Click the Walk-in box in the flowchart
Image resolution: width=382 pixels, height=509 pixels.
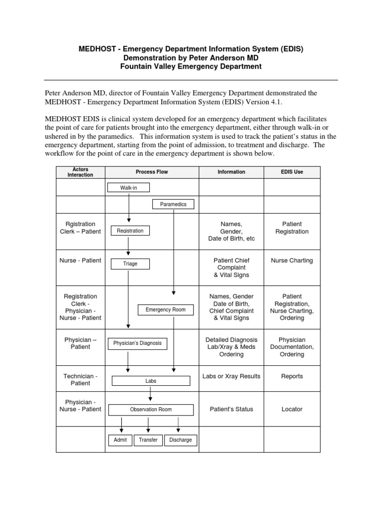[128, 188]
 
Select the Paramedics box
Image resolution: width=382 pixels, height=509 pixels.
[173, 204]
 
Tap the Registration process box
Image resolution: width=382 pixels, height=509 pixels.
[130, 231]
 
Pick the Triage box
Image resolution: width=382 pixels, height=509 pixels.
[130, 264]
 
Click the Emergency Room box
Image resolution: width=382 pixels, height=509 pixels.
[165, 310]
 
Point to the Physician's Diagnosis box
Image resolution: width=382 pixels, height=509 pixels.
[137, 343]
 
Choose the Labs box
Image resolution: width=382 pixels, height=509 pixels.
[151, 381]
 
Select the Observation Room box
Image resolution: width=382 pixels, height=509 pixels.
[151, 410]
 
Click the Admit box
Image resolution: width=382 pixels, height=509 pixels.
[120, 440]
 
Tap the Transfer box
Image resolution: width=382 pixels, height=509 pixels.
[148, 440]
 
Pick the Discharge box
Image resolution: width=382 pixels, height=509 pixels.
[180, 440]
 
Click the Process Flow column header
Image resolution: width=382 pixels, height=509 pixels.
[152, 172]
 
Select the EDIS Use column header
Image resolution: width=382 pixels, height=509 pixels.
[291, 172]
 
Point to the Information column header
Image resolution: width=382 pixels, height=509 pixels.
[231, 172]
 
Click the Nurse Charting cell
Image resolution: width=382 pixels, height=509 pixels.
[291, 260]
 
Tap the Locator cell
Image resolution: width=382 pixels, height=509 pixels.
[291, 409]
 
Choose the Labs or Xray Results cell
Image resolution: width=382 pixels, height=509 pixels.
[231, 376]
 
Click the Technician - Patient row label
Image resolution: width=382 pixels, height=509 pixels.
[81, 380]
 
